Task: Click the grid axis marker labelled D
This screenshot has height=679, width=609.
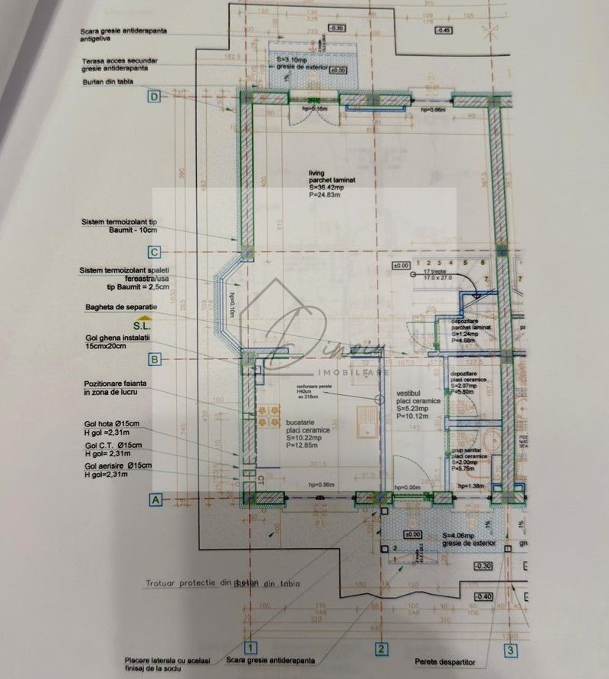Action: (156, 96)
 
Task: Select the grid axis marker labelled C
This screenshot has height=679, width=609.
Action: (156, 251)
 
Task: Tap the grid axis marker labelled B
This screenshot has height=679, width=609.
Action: (156, 357)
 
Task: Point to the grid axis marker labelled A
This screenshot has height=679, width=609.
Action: (156, 500)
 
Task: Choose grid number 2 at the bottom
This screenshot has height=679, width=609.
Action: (379, 650)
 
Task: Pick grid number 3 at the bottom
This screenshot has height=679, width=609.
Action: (509, 651)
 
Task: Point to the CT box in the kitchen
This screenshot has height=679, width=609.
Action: (260, 481)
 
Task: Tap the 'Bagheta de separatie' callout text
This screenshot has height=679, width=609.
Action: (120, 306)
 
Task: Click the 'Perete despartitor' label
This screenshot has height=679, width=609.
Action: (445, 661)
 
